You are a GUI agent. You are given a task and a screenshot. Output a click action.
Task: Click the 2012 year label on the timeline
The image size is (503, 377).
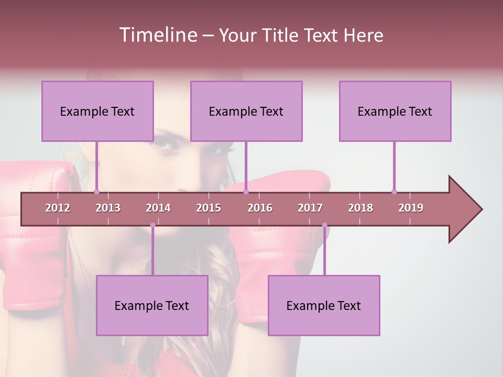[58, 208]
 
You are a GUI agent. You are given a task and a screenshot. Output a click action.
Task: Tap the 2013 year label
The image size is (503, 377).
[108, 208]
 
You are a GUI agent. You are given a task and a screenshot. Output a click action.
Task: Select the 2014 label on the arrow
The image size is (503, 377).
[158, 208]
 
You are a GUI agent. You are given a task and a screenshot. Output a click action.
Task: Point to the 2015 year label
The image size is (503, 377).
[209, 208]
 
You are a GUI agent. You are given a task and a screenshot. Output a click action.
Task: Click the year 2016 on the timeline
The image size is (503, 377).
[260, 208]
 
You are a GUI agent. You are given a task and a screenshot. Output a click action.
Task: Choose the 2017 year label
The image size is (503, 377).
[310, 208]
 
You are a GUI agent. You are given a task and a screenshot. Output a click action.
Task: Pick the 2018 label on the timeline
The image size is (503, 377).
[360, 208]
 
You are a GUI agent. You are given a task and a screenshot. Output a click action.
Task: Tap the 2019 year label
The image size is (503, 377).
[411, 208]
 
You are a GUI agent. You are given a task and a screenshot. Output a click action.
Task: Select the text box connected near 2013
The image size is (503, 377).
[97, 111]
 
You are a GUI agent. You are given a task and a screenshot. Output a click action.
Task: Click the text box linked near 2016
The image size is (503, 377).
[246, 111]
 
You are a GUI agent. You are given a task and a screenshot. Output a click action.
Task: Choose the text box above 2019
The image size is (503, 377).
[395, 111]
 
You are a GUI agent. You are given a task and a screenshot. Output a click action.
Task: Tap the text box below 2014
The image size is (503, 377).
[152, 305]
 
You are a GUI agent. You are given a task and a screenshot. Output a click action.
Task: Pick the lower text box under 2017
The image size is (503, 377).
[324, 305]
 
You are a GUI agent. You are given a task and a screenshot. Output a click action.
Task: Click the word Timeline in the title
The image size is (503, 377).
[157, 35]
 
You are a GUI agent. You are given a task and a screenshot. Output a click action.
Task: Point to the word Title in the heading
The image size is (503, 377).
[281, 35]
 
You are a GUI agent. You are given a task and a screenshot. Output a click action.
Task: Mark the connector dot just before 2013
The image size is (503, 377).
[96, 192]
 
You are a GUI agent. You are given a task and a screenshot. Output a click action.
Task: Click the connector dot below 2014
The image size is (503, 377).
[152, 225]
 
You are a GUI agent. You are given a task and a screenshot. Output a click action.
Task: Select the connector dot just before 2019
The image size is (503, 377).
[394, 192]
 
